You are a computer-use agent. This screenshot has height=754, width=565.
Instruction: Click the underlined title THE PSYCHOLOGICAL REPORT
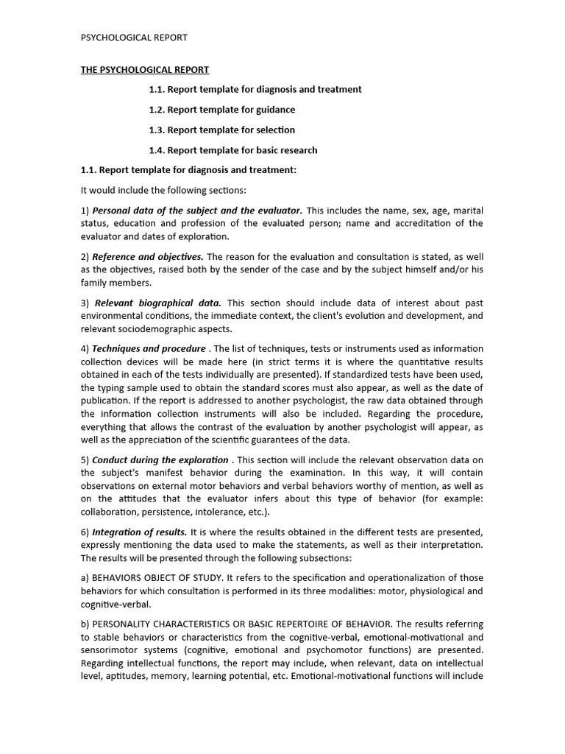pos(145,70)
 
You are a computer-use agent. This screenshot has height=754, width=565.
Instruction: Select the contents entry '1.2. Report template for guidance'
pos(221,110)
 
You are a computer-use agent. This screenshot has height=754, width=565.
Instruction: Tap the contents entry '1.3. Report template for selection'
pos(221,130)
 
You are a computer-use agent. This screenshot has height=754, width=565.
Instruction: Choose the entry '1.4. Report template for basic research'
pos(233,150)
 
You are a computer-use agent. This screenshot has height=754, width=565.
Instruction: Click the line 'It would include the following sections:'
pos(163,191)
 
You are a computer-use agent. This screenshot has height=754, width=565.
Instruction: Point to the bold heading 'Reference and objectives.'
pos(148,257)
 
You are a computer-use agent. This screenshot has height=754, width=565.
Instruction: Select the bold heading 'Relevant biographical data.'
pos(158,303)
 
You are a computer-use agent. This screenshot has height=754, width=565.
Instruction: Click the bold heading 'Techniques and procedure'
pos(149,348)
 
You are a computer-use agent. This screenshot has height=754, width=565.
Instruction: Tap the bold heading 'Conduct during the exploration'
pos(160,460)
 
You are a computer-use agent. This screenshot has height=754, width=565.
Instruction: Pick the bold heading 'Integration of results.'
pos(140,532)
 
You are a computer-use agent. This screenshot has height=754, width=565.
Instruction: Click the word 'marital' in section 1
pos(468,211)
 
